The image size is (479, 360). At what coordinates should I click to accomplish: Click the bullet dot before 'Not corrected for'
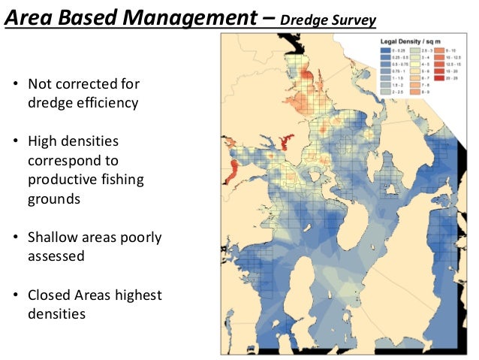pyautogui.click(x=15, y=83)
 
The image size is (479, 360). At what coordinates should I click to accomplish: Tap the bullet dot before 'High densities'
pyautogui.click(x=15, y=141)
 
